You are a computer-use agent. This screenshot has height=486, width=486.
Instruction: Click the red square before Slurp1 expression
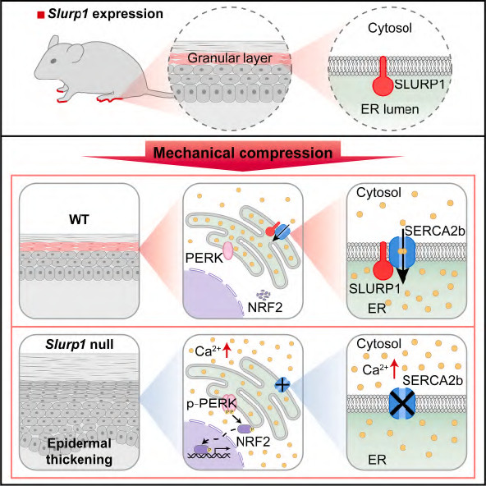click(40, 15)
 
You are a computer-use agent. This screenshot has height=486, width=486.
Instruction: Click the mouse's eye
click(53, 61)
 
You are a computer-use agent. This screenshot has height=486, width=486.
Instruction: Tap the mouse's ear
click(73, 51)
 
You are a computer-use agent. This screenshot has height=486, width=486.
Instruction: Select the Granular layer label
click(230, 58)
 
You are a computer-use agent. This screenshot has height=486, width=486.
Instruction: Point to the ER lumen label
click(390, 109)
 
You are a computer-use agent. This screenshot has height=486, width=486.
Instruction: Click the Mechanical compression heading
click(243, 153)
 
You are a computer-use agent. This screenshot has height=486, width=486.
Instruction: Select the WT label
click(79, 219)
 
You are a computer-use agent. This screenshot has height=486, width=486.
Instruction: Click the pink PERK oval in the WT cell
click(228, 250)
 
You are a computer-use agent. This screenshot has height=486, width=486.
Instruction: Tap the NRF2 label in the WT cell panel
click(265, 308)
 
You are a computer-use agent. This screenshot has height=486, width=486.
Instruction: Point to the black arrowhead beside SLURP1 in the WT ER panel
click(402, 278)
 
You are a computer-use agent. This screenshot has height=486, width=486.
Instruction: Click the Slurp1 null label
click(80, 344)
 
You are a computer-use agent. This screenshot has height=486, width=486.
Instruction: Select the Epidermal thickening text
click(80, 452)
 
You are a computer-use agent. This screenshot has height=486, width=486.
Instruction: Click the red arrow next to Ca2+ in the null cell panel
click(227, 351)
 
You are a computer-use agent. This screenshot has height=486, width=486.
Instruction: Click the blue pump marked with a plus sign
click(282, 385)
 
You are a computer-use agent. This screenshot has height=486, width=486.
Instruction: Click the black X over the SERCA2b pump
click(402, 403)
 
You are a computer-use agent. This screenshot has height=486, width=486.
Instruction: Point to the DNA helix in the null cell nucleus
click(209, 455)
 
